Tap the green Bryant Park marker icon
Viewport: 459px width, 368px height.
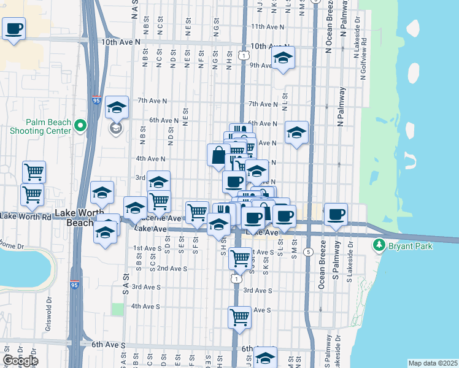(x=379, y=246)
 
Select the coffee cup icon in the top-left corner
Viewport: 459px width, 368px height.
(x=13, y=28)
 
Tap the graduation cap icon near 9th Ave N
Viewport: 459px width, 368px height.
(x=282, y=58)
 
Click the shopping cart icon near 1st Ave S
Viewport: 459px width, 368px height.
(x=241, y=258)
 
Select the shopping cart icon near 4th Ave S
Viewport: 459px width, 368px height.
(x=239, y=318)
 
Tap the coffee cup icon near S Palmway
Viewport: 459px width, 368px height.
(x=336, y=215)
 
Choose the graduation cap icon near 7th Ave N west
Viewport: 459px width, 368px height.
(x=116, y=108)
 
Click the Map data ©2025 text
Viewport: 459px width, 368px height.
(x=432, y=363)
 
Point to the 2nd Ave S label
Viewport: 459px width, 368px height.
(x=172, y=268)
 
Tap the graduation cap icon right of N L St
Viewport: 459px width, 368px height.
(x=296, y=133)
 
